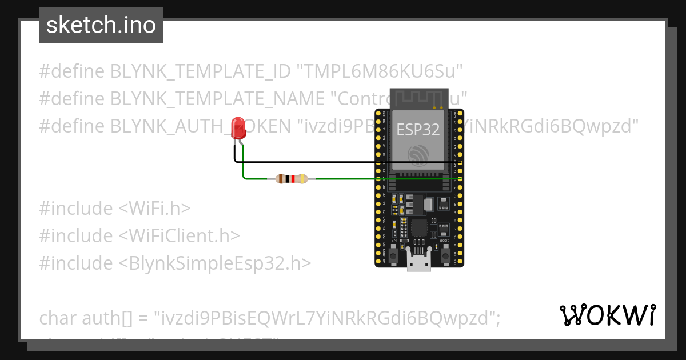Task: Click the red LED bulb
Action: [x=237, y=127]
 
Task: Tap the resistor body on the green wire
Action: [x=291, y=179]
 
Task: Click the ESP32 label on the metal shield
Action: [x=418, y=129]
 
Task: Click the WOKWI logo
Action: [x=607, y=315]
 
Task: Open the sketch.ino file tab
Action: [x=101, y=25]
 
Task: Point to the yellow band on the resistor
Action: [x=302, y=179]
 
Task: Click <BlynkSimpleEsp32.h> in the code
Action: [x=215, y=263]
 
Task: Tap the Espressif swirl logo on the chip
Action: [x=418, y=155]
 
